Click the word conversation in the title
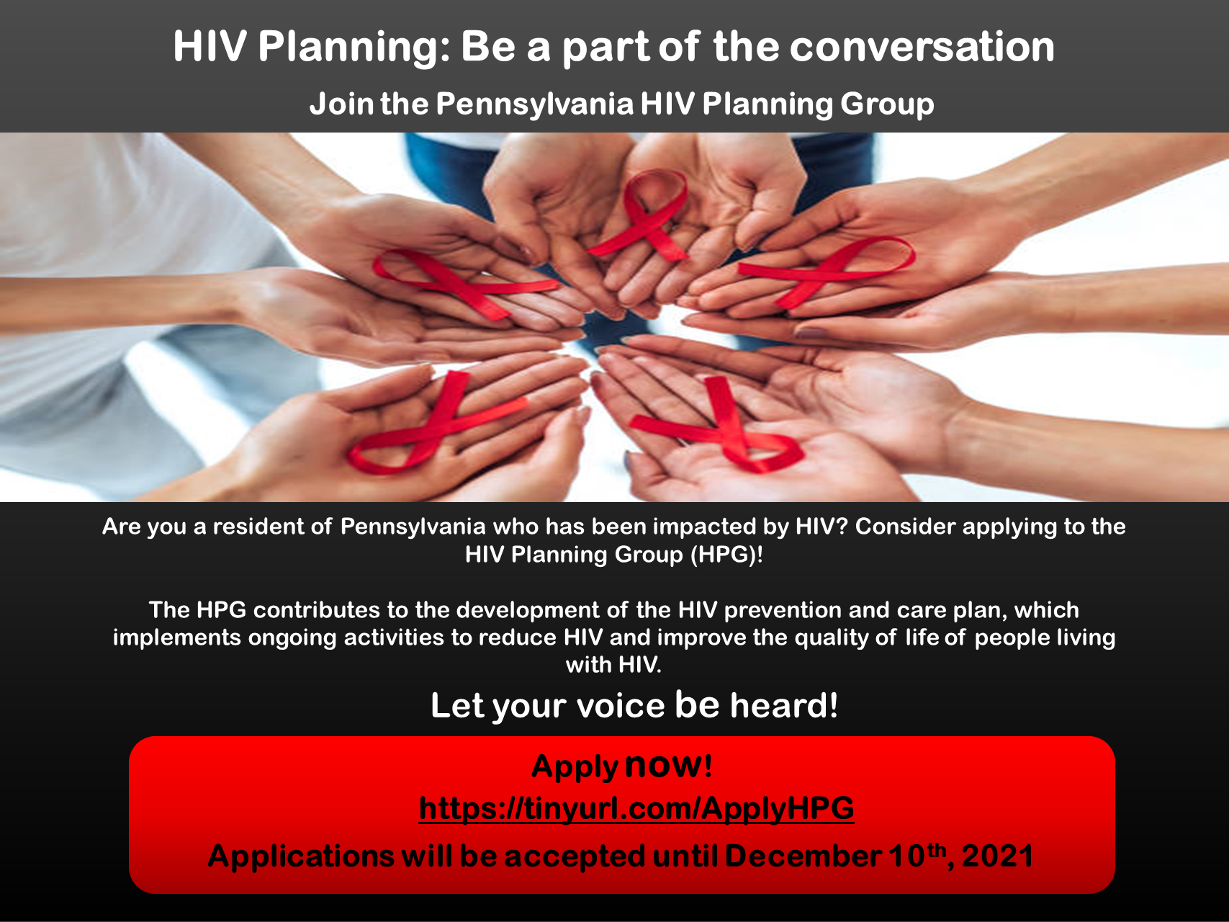(922, 47)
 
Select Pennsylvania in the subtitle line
(535, 105)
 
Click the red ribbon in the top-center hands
(639, 215)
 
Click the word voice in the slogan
(621, 705)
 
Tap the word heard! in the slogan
(784, 705)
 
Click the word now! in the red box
(669, 765)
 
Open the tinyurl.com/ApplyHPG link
(636, 809)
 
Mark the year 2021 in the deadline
(998, 856)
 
